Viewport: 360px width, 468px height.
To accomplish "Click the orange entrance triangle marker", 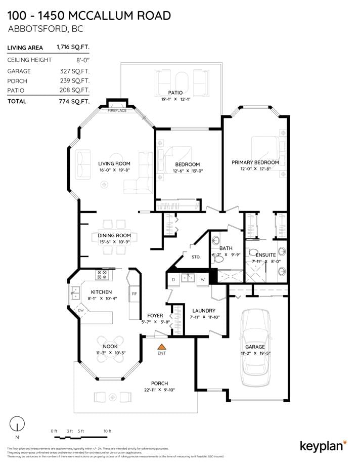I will click(x=162, y=347).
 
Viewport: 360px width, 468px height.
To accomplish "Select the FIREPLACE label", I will click(x=117, y=110).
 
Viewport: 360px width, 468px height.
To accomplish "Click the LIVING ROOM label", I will click(x=114, y=163).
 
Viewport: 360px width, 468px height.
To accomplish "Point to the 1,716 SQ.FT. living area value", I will click(x=73, y=48).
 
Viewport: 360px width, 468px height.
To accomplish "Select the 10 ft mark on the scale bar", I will click(x=107, y=431).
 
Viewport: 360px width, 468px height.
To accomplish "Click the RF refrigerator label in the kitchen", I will click(x=134, y=293).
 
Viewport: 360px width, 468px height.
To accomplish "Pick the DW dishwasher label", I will click(x=80, y=310).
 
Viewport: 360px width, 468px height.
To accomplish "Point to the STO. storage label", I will click(x=196, y=257).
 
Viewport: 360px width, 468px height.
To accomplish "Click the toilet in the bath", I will click(x=217, y=259).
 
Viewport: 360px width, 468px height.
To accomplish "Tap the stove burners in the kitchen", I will click(x=102, y=274).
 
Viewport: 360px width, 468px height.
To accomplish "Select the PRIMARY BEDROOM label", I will click(x=255, y=162).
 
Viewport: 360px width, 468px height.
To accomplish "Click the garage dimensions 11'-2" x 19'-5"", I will click(x=255, y=353).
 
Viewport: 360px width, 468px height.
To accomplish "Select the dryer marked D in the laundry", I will click(x=173, y=279).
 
